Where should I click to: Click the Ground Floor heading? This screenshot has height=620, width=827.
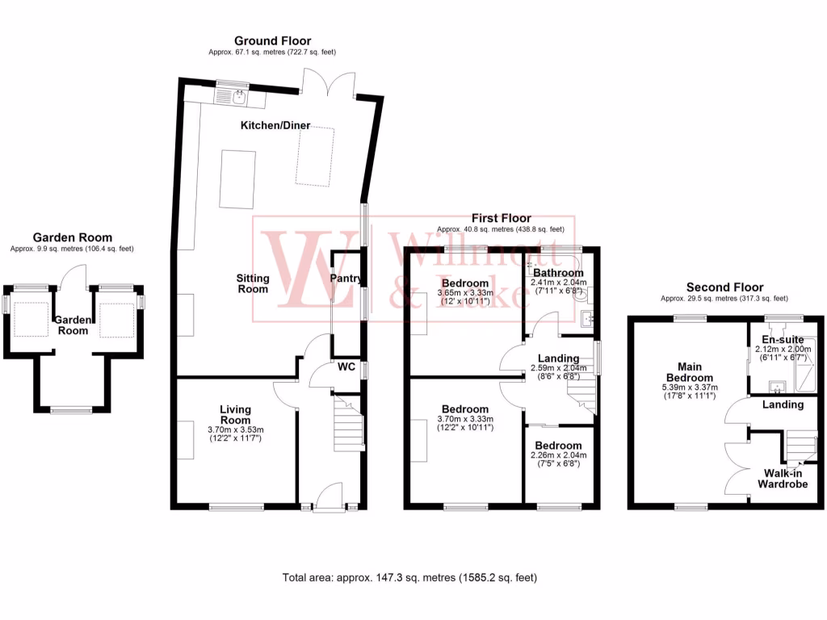pos(272,40)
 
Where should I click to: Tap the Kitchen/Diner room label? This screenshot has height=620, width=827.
pos(275,125)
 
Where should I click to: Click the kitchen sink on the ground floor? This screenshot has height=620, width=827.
pos(239,98)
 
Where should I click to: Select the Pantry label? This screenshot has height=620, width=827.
pos(346,278)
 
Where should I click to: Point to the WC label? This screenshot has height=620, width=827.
pos(346,367)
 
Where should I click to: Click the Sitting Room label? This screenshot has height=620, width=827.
pos(253,283)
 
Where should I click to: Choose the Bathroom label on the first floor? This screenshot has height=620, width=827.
pos(557,273)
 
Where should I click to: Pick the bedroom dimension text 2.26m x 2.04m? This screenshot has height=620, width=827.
pos(559,455)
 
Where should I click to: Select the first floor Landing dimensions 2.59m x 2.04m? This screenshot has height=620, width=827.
pos(559,369)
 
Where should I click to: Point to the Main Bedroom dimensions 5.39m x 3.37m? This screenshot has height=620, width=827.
pos(690,387)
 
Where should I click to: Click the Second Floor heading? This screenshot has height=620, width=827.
pos(724,287)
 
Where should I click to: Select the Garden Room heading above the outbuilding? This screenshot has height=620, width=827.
pos(71,237)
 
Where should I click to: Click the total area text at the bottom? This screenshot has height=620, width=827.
pos(409,578)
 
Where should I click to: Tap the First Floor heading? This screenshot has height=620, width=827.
pos(502,218)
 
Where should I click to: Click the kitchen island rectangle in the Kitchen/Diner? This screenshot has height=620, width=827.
pos(237,178)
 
